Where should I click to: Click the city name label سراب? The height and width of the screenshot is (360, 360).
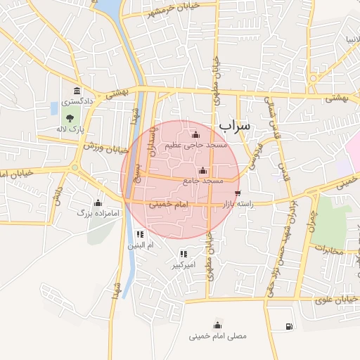(x=234, y=126)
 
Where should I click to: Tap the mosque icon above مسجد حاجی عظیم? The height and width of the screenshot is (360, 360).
(x=195, y=135)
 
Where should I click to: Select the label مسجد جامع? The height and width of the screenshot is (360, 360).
(x=203, y=181)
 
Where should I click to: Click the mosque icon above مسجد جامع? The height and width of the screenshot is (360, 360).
(x=203, y=170)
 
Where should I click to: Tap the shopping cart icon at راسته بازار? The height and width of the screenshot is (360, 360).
(x=238, y=192)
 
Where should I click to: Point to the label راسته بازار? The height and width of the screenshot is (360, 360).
(x=237, y=203)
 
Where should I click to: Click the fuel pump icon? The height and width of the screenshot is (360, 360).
(x=289, y=326)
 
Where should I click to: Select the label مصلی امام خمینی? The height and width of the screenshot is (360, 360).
(x=218, y=336)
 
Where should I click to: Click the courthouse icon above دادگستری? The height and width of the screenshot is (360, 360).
(x=76, y=91)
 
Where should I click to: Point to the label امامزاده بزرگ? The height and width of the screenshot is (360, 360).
(x=94, y=210)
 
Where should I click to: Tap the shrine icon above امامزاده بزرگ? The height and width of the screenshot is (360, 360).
(x=98, y=202)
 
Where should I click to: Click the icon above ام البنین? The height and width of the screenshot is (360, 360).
(x=140, y=234)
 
